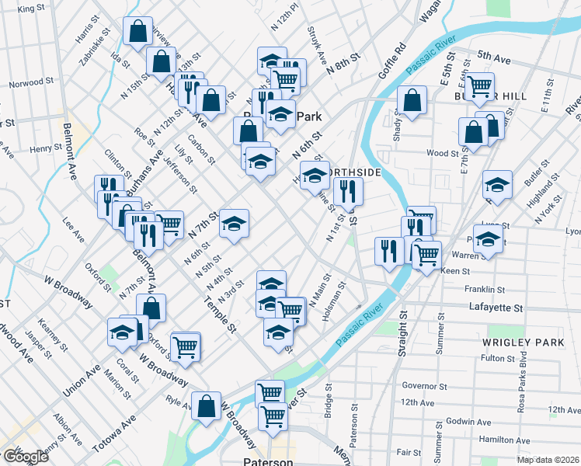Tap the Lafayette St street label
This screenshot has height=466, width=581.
tap(496, 308)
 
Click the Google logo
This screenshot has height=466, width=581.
tap(26, 457)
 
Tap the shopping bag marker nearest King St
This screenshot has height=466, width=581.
tap(137, 32)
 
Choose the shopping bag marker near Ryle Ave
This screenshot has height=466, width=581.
tap(207, 406)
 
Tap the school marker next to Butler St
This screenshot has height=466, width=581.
tap(497, 185)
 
